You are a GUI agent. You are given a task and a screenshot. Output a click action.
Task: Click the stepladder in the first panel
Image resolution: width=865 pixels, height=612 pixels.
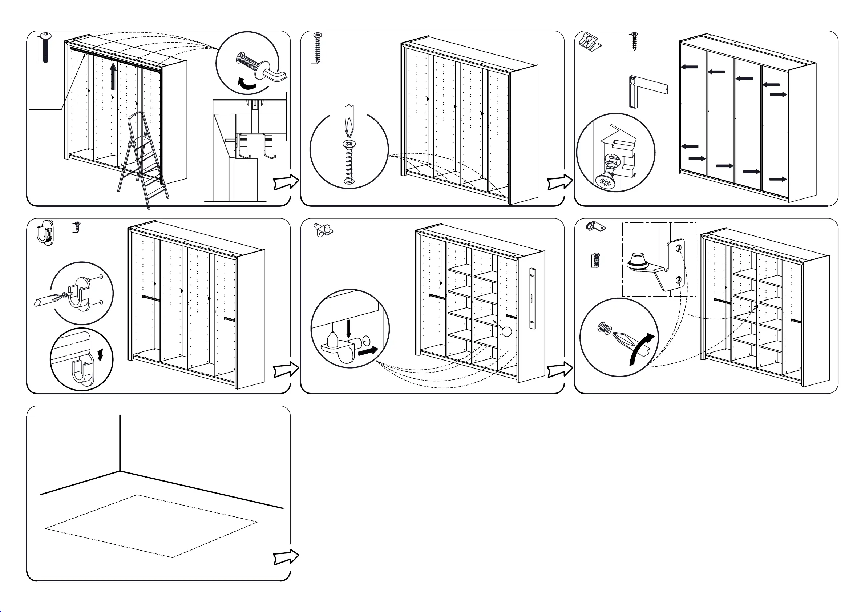(x=143, y=162)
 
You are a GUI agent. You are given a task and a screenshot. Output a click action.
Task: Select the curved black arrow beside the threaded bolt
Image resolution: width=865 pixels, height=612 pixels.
(x=246, y=84)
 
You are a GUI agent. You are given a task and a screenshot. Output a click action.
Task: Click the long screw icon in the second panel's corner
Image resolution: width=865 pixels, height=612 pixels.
(x=318, y=48)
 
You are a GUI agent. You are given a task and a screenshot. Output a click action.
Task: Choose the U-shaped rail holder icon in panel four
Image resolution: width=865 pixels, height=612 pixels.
(x=45, y=232)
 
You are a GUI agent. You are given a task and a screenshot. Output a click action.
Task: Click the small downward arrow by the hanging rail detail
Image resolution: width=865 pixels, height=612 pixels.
(x=100, y=355)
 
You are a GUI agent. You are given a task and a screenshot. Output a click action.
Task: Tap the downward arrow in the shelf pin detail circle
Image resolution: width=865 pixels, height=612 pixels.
(x=349, y=328)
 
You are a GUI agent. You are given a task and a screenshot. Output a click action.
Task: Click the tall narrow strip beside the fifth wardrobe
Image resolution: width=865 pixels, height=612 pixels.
(x=532, y=298)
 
